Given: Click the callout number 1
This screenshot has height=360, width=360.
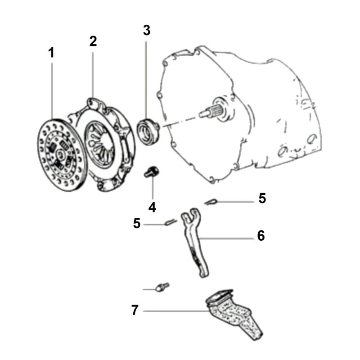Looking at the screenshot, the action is [x=51, y=53].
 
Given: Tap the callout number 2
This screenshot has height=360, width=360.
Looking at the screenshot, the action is [x=93, y=41].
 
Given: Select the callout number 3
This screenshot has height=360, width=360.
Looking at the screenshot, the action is [x=147, y=30].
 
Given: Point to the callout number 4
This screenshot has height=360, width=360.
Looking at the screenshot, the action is [x=152, y=207].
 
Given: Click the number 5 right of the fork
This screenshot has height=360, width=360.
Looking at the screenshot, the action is [x=262, y=198].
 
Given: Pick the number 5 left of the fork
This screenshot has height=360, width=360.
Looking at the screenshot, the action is [x=137, y=223].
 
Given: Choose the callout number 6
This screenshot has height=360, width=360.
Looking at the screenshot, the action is [x=261, y=235].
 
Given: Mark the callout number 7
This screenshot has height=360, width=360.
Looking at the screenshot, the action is [x=135, y=310].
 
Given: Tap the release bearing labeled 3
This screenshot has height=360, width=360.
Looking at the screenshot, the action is [x=148, y=131].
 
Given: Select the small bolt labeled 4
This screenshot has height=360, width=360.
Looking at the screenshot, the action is [x=151, y=172].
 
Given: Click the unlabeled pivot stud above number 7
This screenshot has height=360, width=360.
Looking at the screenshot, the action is [x=162, y=287].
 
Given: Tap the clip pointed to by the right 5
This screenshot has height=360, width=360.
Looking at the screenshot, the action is [x=211, y=202].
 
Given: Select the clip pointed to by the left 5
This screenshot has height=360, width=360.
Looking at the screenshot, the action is [x=171, y=222].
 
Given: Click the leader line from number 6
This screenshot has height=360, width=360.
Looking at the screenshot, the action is [x=227, y=238].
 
